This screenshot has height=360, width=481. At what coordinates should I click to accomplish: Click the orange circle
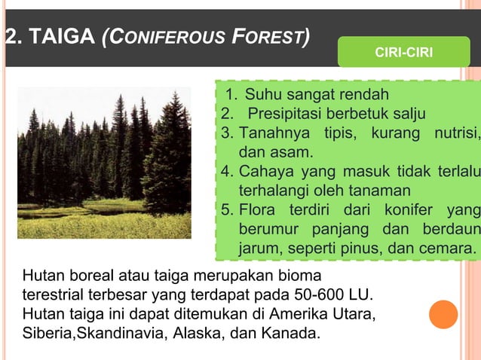(444, 315)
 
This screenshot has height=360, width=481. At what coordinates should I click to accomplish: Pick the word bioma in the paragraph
(303, 276)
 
